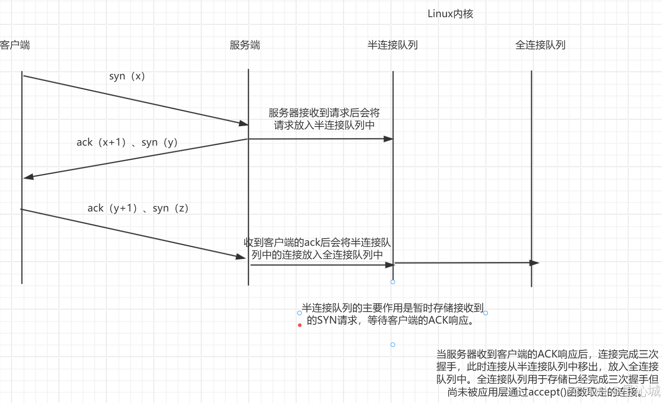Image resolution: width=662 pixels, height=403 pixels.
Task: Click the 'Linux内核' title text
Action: [x=450, y=14]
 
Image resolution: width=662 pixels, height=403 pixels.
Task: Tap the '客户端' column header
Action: [x=15, y=45]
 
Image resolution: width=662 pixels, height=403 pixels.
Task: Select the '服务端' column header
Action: [x=245, y=45]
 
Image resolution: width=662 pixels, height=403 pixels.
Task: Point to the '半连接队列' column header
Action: [x=392, y=45]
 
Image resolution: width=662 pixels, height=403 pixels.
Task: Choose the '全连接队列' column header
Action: [x=540, y=45]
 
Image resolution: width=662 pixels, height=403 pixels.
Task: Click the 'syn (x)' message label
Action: [x=127, y=76]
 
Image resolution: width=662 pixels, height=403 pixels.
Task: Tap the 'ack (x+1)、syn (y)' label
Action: [x=127, y=142]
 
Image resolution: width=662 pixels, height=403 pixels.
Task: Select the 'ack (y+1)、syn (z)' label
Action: [x=138, y=208]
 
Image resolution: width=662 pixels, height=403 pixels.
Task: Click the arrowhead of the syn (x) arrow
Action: [x=244, y=123]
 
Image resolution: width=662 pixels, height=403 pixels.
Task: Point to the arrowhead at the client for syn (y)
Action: [x=28, y=176]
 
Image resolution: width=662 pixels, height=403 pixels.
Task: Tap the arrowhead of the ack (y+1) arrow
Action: [x=241, y=257]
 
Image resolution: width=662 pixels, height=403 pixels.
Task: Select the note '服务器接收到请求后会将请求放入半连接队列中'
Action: [x=324, y=119]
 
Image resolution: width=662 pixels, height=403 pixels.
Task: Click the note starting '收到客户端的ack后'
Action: [x=317, y=249]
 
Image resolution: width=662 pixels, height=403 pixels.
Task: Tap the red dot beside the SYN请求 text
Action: [x=300, y=325]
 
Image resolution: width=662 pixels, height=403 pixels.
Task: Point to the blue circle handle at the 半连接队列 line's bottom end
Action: [x=393, y=282]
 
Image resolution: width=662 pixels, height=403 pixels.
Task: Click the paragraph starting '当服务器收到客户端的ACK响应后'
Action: [x=547, y=373]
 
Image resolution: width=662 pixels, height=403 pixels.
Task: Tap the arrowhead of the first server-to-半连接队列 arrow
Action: [x=388, y=139]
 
